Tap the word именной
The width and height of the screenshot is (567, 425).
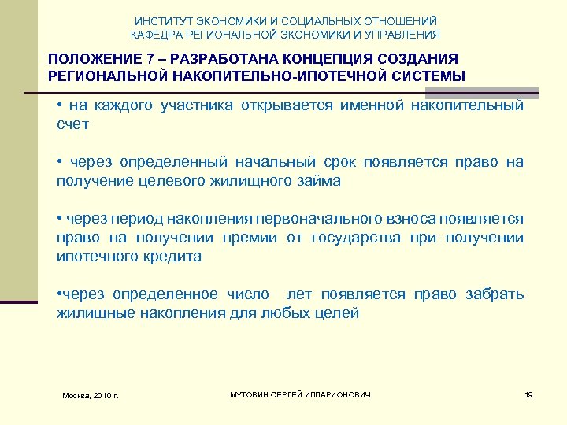[371, 106]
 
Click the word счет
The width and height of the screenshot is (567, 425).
[73, 124]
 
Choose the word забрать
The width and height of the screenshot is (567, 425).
[495, 294]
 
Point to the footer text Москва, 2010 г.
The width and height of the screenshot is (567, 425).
[90, 394]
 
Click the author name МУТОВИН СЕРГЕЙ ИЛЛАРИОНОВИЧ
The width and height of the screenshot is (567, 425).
[299, 394]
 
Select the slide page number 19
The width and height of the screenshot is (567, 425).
[528, 394]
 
